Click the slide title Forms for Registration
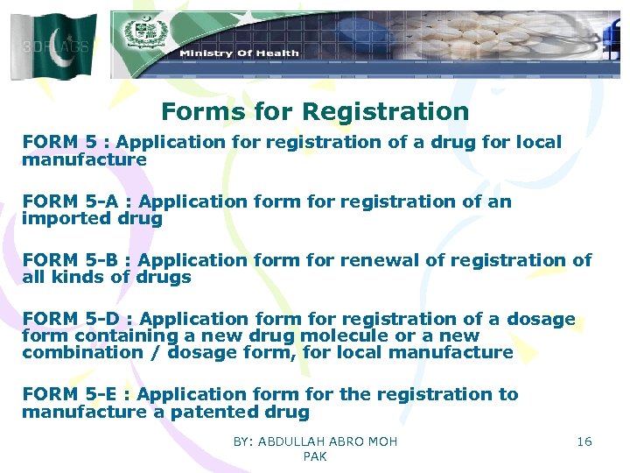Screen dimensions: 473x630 click(315, 112)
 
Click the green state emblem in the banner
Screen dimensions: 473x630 click(139, 34)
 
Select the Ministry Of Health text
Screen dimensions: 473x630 click(239, 53)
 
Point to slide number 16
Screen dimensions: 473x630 click(584, 441)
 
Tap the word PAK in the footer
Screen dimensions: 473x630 click(314, 457)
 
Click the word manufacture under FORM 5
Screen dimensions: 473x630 click(84, 160)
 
